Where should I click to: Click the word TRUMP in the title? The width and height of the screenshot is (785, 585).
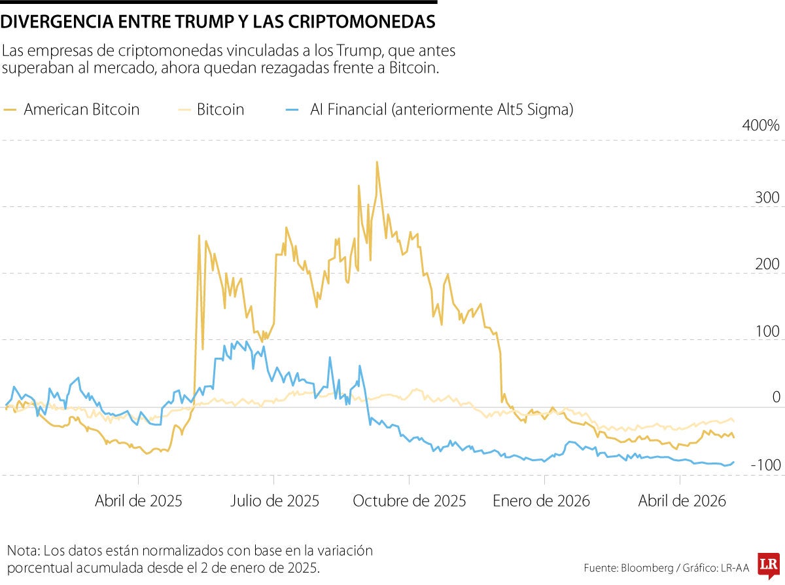(204, 22)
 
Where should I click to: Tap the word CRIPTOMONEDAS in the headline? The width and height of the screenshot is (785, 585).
(361, 22)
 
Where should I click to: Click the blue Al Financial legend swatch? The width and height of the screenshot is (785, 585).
(292, 110)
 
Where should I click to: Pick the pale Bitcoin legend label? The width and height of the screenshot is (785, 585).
(220, 109)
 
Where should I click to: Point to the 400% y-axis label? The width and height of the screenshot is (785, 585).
(761, 126)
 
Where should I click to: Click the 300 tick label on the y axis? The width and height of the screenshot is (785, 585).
(767, 198)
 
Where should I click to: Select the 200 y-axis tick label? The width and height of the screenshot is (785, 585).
(767, 265)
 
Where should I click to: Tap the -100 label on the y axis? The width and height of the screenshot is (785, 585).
(765, 465)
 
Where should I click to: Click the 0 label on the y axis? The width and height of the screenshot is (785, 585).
(776, 398)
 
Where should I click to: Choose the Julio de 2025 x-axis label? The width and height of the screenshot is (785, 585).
(275, 501)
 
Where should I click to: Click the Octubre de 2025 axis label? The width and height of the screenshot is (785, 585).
(409, 501)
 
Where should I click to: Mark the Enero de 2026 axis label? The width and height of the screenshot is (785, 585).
(541, 501)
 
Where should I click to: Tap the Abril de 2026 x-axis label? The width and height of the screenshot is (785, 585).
(682, 501)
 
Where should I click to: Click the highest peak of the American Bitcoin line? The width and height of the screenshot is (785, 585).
(377, 162)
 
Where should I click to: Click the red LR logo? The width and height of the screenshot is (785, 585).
(769, 565)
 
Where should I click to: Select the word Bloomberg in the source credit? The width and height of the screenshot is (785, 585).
(648, 568)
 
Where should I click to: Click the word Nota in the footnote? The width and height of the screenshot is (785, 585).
(23, 551)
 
